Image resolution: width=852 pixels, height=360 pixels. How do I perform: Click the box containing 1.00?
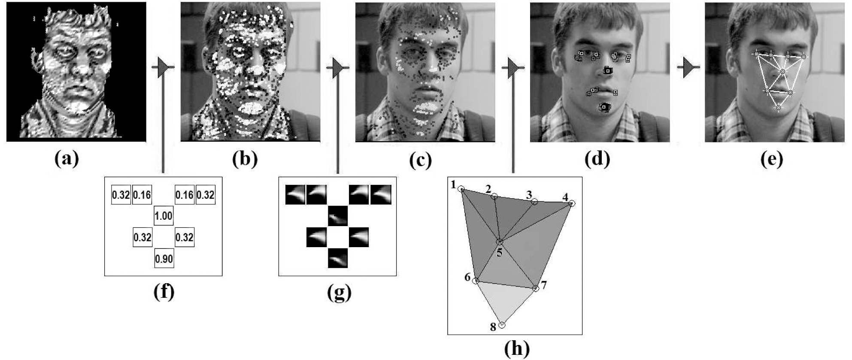163,215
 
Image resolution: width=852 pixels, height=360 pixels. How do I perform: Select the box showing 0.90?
164,258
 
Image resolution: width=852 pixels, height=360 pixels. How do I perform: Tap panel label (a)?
67,159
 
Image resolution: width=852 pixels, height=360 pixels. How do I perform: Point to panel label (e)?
771,159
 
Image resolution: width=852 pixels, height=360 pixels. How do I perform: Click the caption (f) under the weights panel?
164,292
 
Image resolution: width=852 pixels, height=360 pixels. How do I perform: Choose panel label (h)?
516,349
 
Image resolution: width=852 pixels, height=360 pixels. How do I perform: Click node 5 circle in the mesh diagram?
500,242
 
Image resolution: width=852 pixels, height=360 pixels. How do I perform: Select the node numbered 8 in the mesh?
502,325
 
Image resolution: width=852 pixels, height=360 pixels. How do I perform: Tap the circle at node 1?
461,189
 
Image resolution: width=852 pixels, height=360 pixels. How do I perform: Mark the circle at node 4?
572,203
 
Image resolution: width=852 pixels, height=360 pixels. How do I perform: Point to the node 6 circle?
476,281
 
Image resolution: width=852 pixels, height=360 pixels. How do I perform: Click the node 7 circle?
536,289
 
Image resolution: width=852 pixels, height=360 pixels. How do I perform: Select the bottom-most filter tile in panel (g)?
338,258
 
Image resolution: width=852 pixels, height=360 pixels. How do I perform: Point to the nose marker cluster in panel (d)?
607,70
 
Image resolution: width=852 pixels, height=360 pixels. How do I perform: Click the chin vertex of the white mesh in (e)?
779,108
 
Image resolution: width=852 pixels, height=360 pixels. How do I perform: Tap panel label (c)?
420,159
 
